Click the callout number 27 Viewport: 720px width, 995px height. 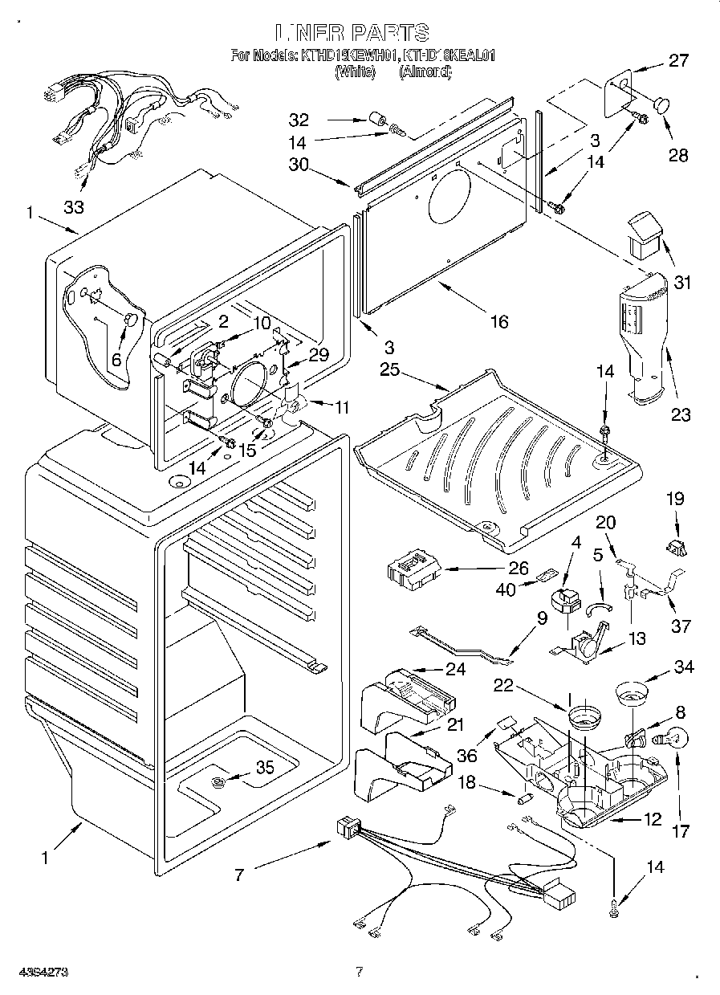pyautogui.click(x=678, y=60)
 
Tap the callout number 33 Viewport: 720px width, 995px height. pyautogui.click(x=74, y=207)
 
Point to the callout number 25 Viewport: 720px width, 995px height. pyautogui.click(x=389, y=369)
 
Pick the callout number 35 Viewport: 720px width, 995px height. pyautogui.click(x=264, y=768)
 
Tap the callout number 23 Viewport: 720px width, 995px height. pyautogui.click(x=681, y=414)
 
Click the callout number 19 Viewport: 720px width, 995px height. pyautogui.click(x=675, y=499)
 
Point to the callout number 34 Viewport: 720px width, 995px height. pyautogui.click(x=685, y=666)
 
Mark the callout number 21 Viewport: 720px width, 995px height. pyautogui.click(x=455, y=725)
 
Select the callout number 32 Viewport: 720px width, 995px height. pyautogui.click(x=299, y=120)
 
